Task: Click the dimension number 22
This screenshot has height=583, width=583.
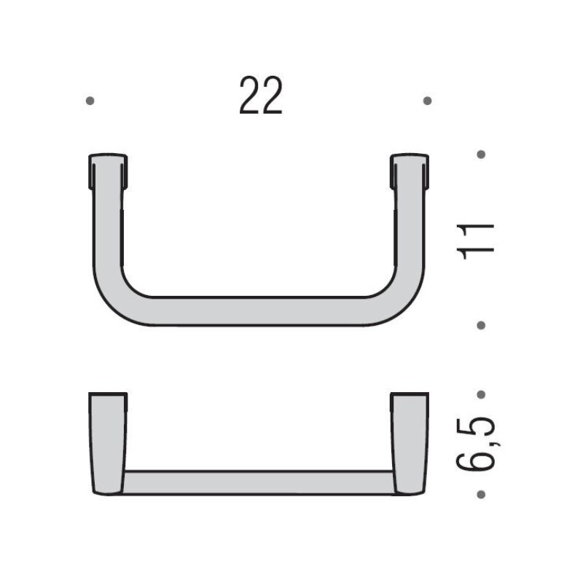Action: [261, 95]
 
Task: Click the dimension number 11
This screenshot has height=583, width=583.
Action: [476, 241]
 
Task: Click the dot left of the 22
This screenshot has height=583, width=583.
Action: [90, 101]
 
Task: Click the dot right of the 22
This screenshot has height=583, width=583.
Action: [428, 101]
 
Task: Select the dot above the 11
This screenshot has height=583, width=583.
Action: [481, 154]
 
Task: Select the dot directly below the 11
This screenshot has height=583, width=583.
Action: [481, 325]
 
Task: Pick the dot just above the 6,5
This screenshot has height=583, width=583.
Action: [481, 394]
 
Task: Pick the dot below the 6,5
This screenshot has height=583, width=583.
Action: [481, 495]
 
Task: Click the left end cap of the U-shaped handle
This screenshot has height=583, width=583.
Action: [108, 171]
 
